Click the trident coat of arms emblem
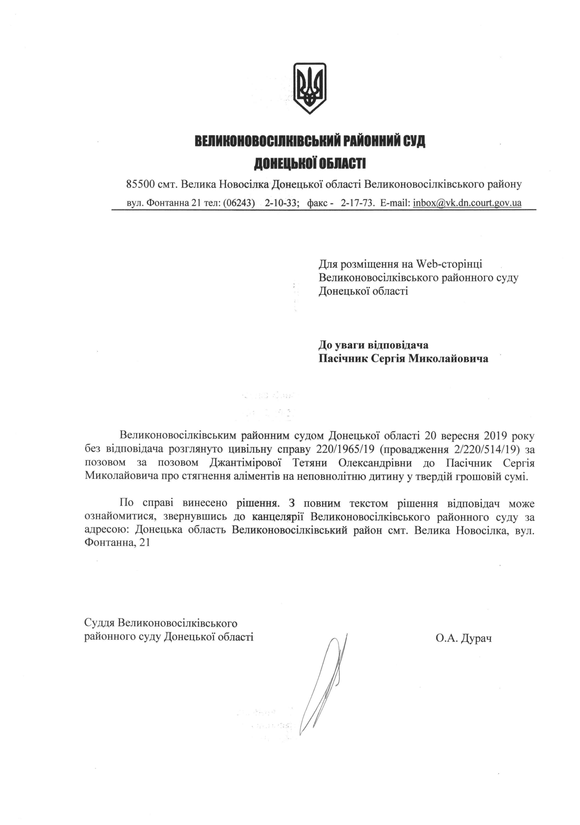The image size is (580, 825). [x=310, y=88]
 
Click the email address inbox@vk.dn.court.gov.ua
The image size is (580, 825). [x=467, y=203]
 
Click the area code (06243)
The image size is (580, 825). [x=239, y=203]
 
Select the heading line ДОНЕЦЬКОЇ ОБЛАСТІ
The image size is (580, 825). [x=310, y=164]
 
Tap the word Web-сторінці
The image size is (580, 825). [x=449, y=264]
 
